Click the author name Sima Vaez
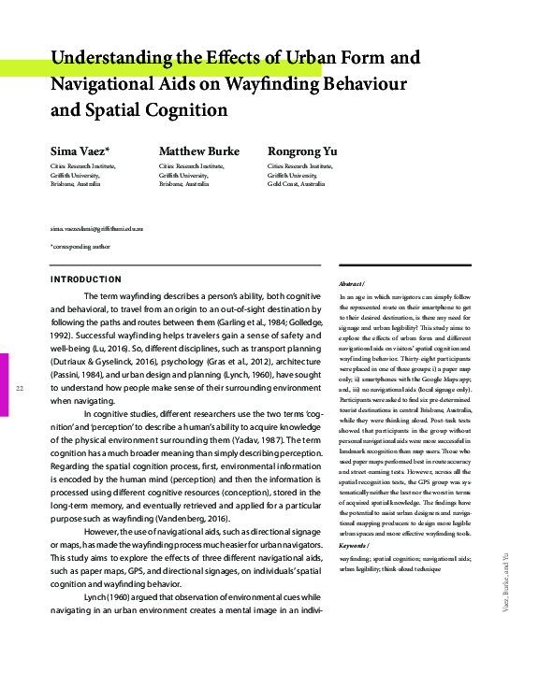(x=78, y=151)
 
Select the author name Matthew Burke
(x=198, y=151)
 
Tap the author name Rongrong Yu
(x=302, y=151)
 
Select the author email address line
(x=96, y=229)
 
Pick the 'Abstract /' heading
(x=352, y=284)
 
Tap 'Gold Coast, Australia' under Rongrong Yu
(x=297, y=185)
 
